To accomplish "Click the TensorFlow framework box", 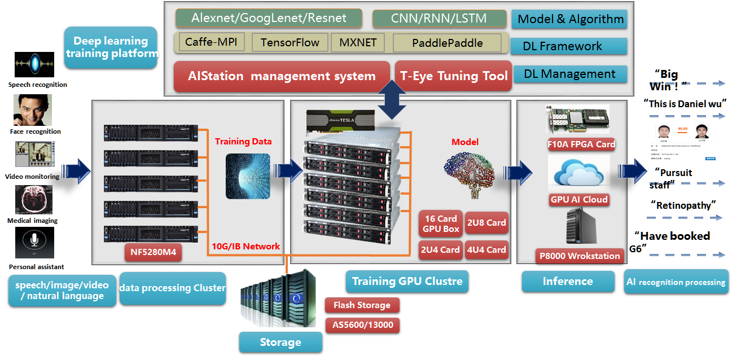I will [x=290, y=43].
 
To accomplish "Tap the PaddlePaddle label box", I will [x=447, y=43].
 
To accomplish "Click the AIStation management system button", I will [x=282, y=76].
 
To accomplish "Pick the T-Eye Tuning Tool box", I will [x=454, y=76].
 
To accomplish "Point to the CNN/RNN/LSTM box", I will [x=440, y=18].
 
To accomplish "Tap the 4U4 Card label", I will [x=486, y=249].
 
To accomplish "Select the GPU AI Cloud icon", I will [x=579, y=174].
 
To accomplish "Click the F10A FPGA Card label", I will [x=581, y=144].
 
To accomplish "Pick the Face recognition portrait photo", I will [x=33, y=110].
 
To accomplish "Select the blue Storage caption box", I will [x=280, y=343].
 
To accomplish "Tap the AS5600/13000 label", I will [x=362, y=325].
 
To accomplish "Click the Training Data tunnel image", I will [x=248, y=175].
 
